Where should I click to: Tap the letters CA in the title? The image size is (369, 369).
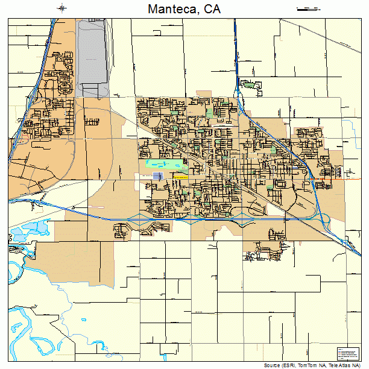[x=211, y=9]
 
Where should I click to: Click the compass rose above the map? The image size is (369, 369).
[x=63, y=8]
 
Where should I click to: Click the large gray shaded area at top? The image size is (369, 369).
[x=92, y=57]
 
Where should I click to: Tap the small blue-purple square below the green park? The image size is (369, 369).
[x=158, y=175]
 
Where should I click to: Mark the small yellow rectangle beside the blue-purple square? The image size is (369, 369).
[x=180, y=177]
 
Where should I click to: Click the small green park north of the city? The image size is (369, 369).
[x=248, y=84]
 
